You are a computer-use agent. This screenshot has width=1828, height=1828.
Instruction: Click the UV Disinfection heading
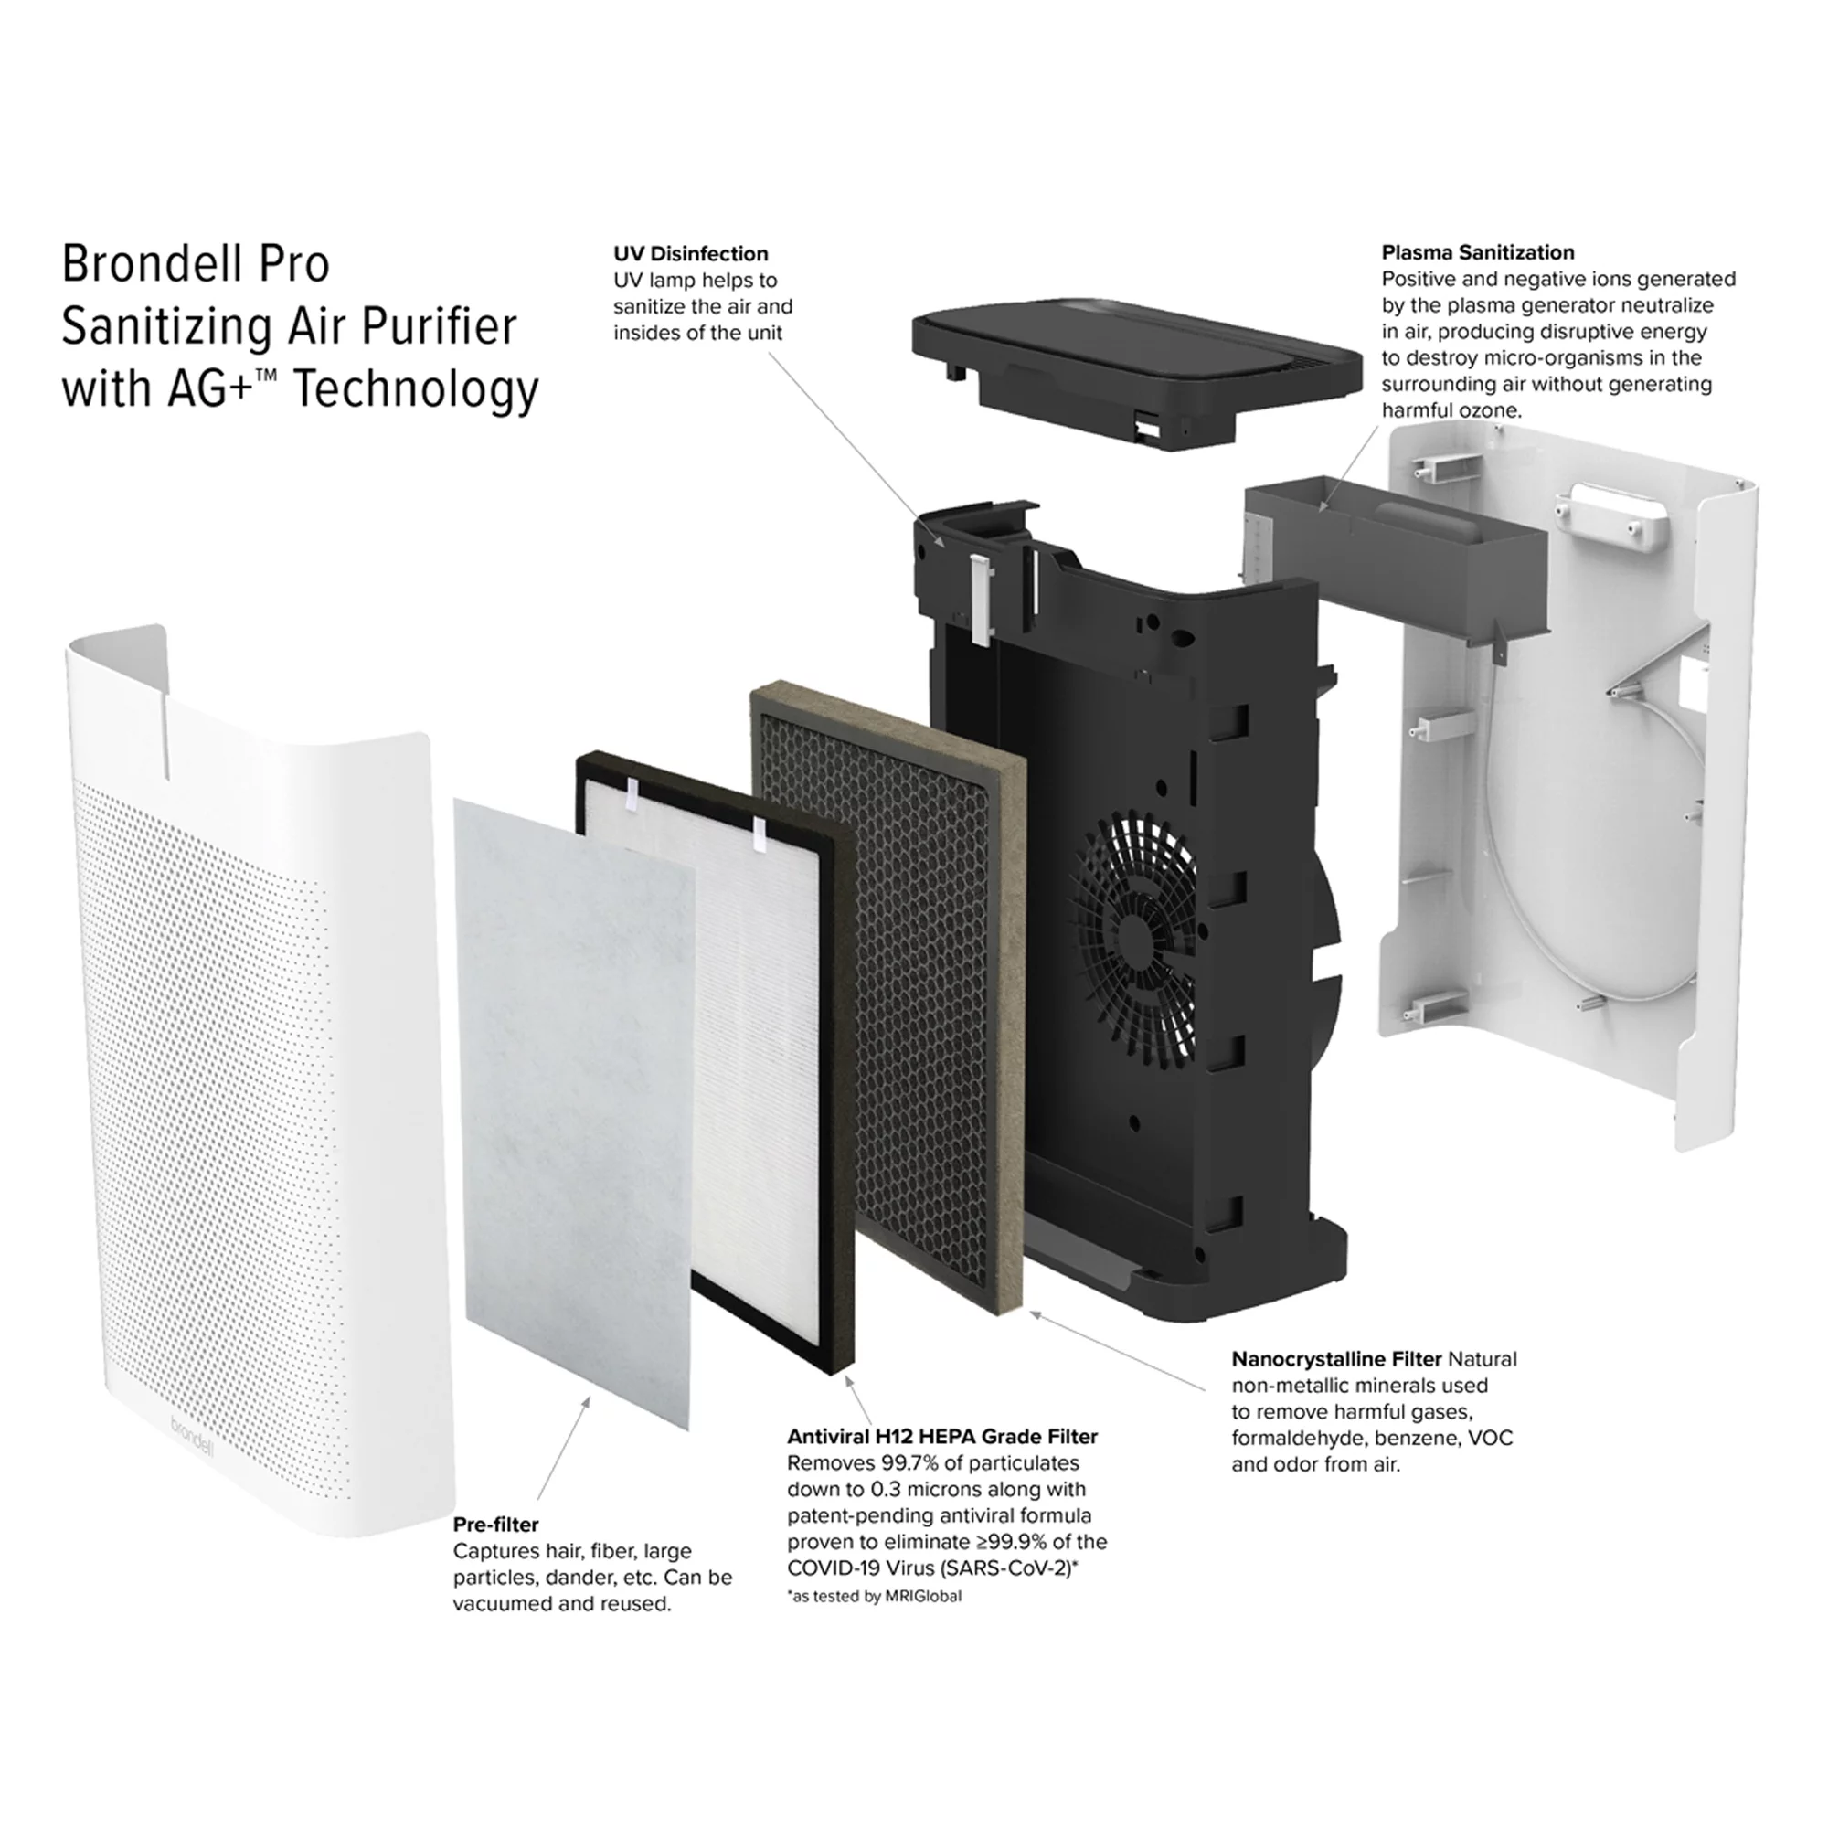[691, 253]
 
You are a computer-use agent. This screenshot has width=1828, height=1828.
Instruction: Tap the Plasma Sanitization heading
[1478, 252]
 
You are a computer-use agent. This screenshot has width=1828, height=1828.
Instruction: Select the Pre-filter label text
[494, 1525]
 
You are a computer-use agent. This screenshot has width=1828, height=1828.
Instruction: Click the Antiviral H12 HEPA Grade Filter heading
[942, 1436]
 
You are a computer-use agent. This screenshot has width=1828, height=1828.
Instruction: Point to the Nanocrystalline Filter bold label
[1336, 1359]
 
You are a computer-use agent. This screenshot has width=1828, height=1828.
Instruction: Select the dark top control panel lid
[1134, 358]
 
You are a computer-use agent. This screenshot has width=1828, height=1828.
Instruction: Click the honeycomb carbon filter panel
[876, 994]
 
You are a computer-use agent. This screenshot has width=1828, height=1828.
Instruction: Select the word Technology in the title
[415, 388]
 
